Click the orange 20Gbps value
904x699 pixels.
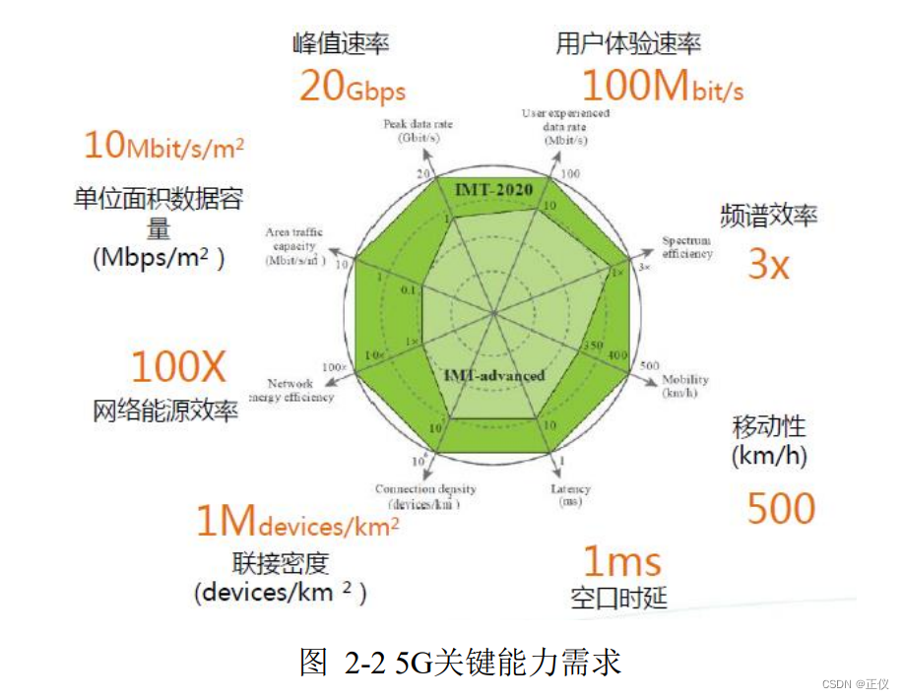pyautogui.click(x=352, y=89)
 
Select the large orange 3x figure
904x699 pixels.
pyautogui.click(x=768, y=264)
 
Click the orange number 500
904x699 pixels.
pyautogui.click(x=781, y=508)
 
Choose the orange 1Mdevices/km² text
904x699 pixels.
pyautogui.click(x=297, y=522)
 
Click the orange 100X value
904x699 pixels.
pyautogui.click(x=178, y=367)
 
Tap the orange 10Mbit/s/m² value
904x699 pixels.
pyautogui.click(x=163, y=146)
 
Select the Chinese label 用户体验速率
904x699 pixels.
pyautogui.click(x=628, y=43)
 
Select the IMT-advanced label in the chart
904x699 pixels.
pyautogui.click(x=493, y=375)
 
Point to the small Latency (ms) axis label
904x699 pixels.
pyautogui.click(x=571, y=495)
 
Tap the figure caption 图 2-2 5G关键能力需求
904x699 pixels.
pyautogui.click(x=460, y=662)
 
